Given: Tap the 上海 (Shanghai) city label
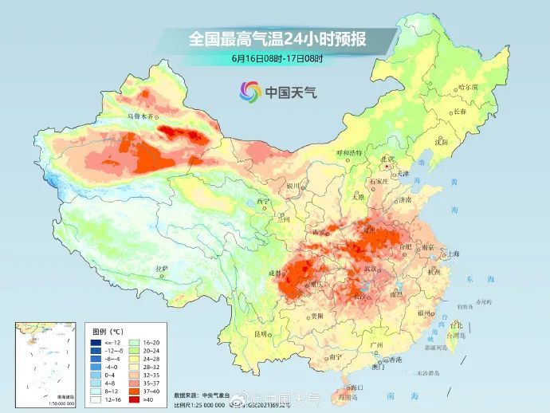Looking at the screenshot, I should tap(454, 254).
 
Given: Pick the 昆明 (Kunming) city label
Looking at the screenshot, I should tap(260, 332).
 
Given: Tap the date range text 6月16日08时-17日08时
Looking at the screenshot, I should tap(276, 58).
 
